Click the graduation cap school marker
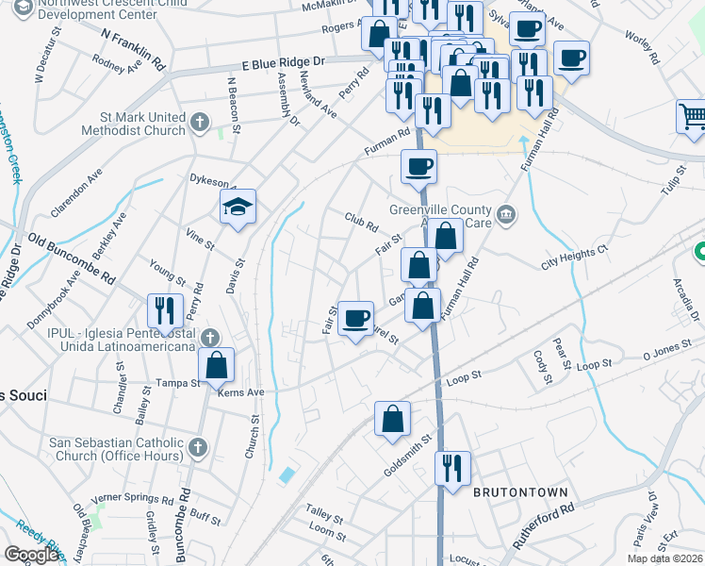click(x=238, y=207)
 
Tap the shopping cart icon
click(x=692, y=118)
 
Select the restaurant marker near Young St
click(x=165, y=311)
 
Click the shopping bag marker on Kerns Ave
click(x=217, y=366)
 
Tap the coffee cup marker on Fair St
click(x=355, y=319)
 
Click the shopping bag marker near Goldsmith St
click(x=392, y=419)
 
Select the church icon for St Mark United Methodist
click(x=199, y=122)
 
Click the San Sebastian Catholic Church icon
click(x=197, y=446)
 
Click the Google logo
click(x=31, y=555)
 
